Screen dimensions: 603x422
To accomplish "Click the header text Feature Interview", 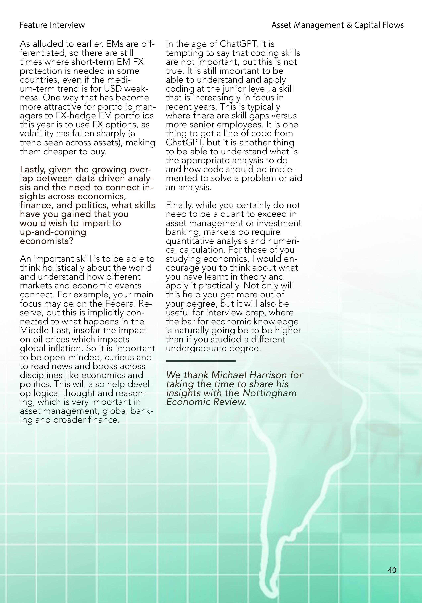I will click(x=52, y=25).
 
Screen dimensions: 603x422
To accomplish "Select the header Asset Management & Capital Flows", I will click(x=337, y=25).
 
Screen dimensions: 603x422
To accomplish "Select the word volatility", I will click(x=37, y=133).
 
